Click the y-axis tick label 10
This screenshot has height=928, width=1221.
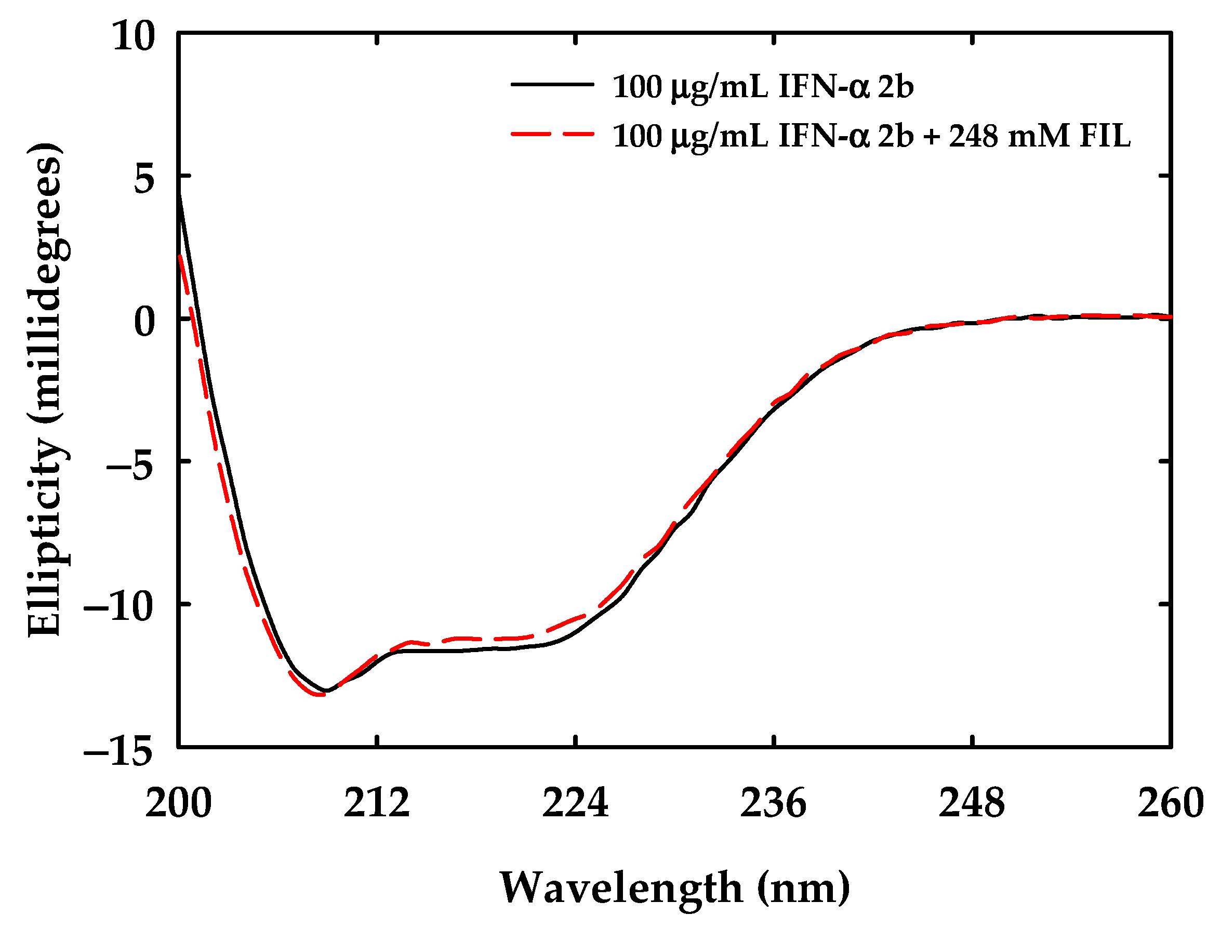coord(132,37)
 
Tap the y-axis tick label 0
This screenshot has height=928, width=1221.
coord(144,322)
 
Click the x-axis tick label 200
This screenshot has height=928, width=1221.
coord(178,804)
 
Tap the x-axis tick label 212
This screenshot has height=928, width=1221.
coord(377,804)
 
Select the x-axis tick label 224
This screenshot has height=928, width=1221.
coord(576,804)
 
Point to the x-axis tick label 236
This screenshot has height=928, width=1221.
coord(774,804)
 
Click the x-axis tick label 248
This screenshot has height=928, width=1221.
coord(972,804)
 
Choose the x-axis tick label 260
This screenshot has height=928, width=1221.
coord(1170,804)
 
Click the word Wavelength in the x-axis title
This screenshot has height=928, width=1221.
coord(621,888)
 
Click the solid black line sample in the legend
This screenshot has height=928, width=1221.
coord(552,85)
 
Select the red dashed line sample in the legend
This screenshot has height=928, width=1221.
coord(552,134)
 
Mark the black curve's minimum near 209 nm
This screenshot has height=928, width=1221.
coord(326,691)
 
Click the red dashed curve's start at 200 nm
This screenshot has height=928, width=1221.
coord(180,257)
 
